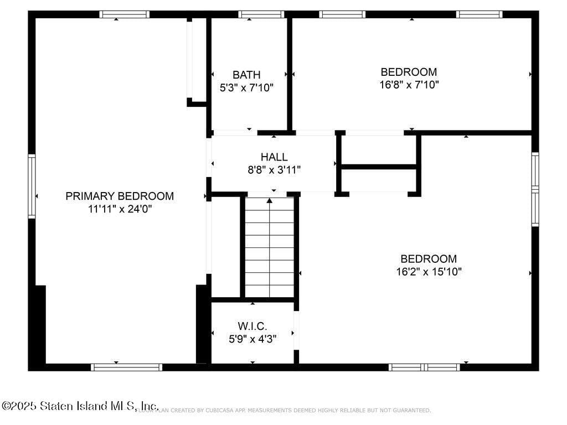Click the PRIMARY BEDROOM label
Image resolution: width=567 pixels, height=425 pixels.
[x=120, y=196]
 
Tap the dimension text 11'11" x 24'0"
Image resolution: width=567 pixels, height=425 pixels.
[x=120, y=209]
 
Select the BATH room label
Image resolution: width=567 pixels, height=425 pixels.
[x=246, y=75]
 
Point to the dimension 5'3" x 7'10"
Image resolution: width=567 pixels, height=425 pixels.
[x=246, y=87]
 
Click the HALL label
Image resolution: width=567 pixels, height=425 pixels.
[x=274, y=157]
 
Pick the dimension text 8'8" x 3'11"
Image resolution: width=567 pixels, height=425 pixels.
[x=274, y=170]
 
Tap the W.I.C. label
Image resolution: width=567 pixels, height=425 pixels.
[x=252, y=326]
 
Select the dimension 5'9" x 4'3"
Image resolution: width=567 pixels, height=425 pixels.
[x=252, y=339]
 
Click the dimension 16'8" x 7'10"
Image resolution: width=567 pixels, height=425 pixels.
[x=409, y=85]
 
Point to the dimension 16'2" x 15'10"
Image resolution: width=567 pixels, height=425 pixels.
[x=429, y=272]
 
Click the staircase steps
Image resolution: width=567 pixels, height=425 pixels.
[x=270, y=249]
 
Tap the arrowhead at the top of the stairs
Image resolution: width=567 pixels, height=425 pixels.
[x=270, y=200]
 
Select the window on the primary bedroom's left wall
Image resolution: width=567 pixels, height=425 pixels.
[x=32, y=186]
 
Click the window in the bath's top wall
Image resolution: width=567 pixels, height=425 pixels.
[x=261, y=14]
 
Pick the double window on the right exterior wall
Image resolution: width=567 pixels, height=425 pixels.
[x=535, y=189]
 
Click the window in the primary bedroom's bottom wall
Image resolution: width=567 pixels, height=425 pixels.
[x=127, y=367]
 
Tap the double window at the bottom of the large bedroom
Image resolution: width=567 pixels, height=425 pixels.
[x=424, y=367]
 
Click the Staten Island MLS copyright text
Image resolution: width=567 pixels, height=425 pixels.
[x=80, y=406]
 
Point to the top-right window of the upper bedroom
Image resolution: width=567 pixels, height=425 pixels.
[x=480, y=14]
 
